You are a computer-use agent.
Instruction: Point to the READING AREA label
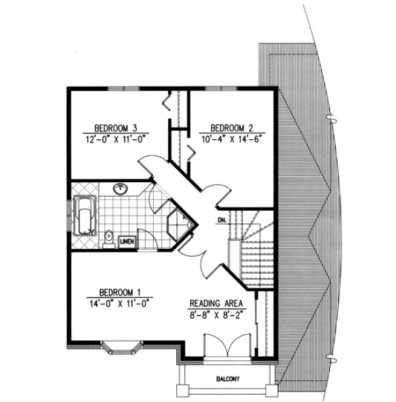pyautogui.click(x=217, y=303)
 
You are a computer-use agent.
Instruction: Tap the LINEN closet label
pyautogui.click(x=127, y=242)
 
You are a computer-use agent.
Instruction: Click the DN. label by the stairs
pyautogui.click(x=222, y=220)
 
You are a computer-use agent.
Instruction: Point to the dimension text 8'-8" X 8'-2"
pyautogui.click(x=217, y=314)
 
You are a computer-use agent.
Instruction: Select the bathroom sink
pyautogui.click(x=120, y=190)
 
